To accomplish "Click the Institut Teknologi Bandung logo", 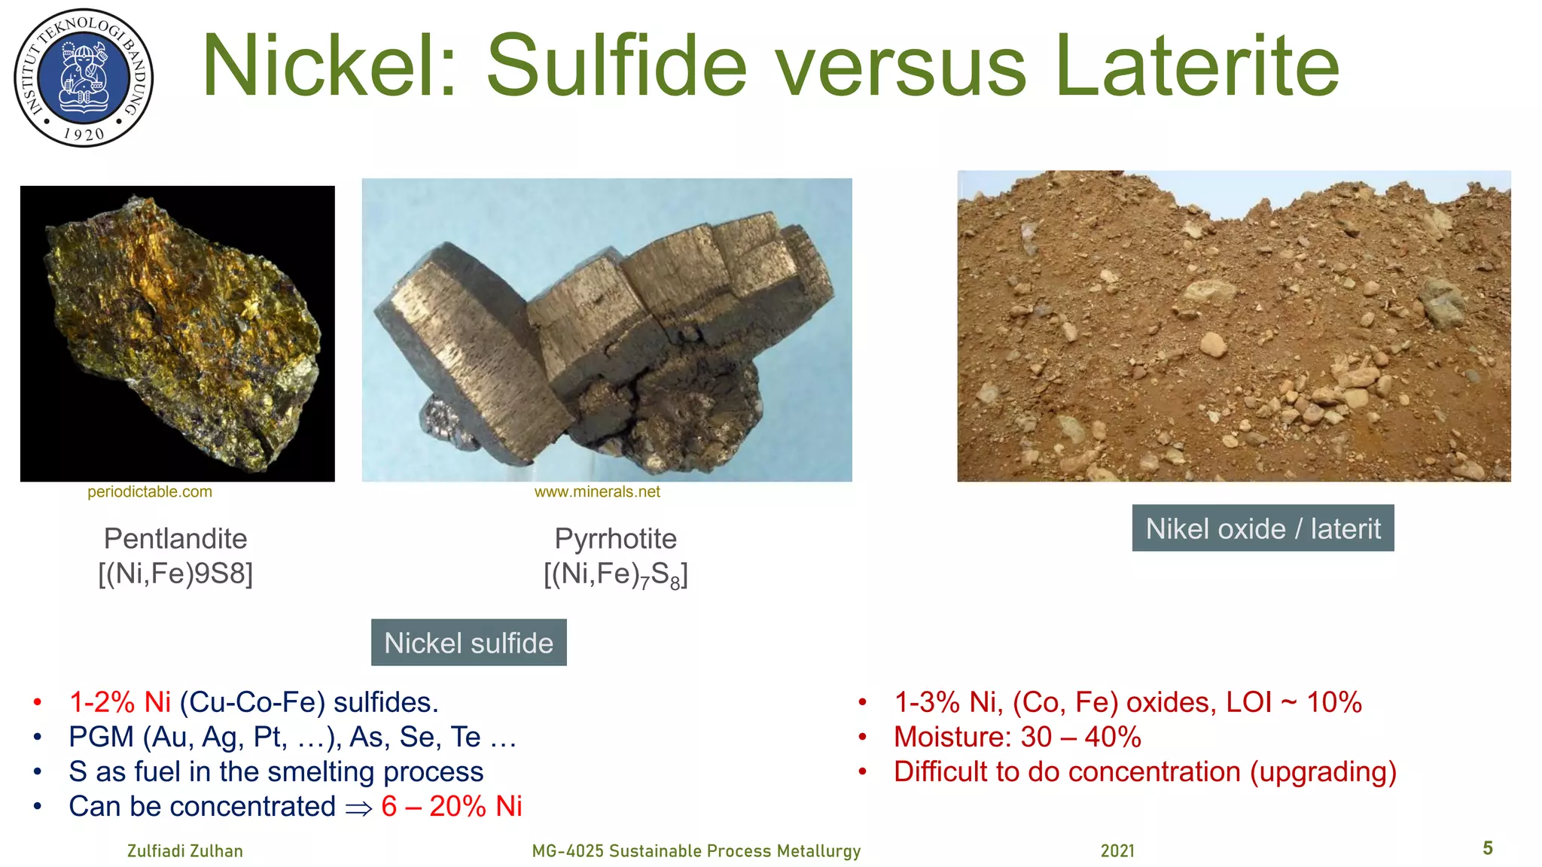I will tap(84, 78).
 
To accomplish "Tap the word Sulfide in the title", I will tap(617, 66).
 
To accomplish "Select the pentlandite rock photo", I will tap(178, 333).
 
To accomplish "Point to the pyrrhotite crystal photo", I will tap(607, 330).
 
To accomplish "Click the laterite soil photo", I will tap(1233, 326).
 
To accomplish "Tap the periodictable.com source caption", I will tap(150, 492).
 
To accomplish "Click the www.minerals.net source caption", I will tap(597, 492).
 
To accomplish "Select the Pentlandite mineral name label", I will tap(175, 539).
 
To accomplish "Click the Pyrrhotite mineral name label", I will tap(616, 539).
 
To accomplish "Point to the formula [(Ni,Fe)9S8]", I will tap(175, 574).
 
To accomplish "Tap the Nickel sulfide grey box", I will tap(468, 643).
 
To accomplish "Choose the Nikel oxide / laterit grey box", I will tap(1263, 528).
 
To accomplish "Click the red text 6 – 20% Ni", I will tap(452, 807).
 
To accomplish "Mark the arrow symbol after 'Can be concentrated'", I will tap(358, 808).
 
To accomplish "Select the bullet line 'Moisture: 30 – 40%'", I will tap(1017, 737).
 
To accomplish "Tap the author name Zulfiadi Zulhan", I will tap(185, 851).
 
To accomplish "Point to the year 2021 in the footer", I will tap(1117, 851).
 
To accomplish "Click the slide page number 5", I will tap(1488, 848).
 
